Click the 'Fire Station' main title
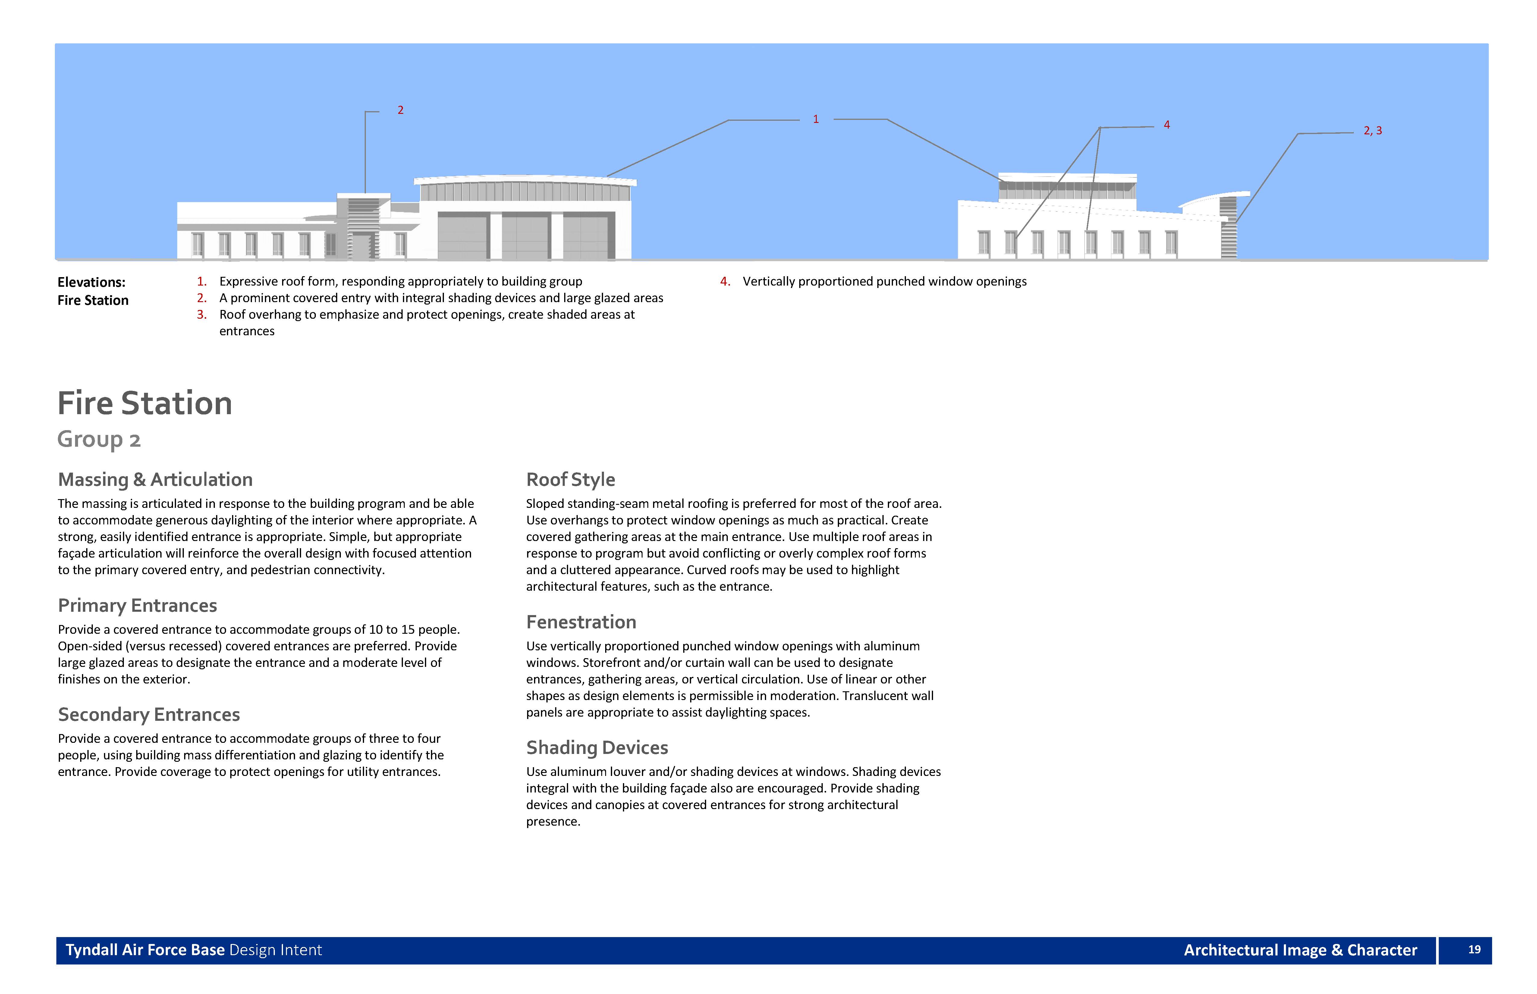(145, 403)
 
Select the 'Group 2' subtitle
(99, 439)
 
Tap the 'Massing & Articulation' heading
(155, 480)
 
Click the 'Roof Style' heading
(570, 480)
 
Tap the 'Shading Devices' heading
(597, 747)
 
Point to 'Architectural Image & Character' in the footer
(1300, 950)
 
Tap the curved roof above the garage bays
(524, 178)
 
